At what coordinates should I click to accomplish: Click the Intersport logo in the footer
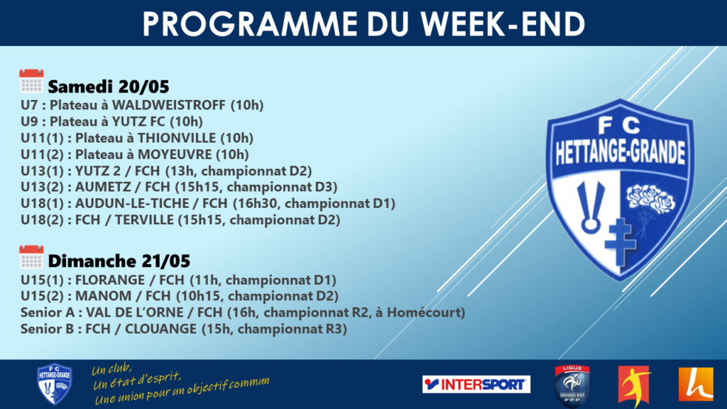476,384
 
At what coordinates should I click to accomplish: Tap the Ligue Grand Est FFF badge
572,386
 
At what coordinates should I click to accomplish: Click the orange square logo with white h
696,384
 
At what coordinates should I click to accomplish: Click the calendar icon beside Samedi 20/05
31,81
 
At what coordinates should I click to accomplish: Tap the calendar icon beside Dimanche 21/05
31,257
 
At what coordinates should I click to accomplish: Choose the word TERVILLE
144,220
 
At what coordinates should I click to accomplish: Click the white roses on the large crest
651,198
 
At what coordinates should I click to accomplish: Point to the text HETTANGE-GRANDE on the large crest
621,153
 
